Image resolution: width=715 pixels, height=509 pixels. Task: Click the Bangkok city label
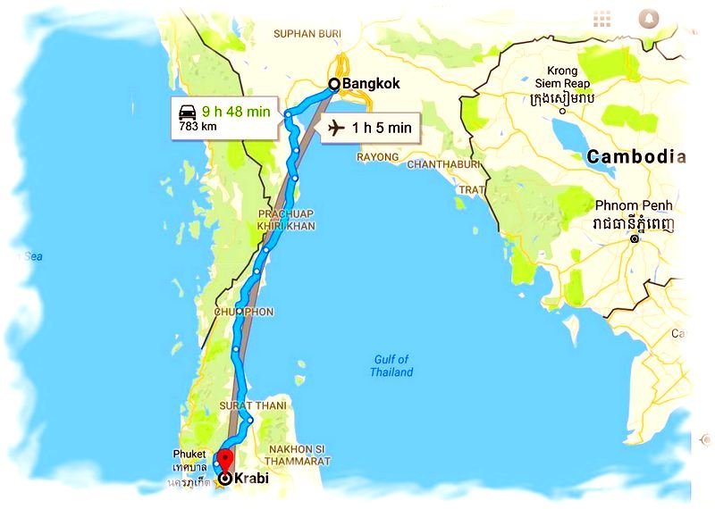tap(366, 84)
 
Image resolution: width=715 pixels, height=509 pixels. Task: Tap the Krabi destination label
tap(250, 479)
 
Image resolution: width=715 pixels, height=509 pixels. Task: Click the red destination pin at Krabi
tap(225, 460)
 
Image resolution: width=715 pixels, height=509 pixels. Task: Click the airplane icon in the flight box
tap(335, 128)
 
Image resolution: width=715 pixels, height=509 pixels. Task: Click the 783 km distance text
tap(198, 126)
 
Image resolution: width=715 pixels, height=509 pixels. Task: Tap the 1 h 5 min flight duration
tap(382, 128)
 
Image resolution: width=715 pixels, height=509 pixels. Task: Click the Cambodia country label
tap(636, 157)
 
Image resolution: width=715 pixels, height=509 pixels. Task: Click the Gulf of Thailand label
tap(391, 366)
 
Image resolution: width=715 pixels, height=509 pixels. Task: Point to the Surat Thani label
tap(253, 406)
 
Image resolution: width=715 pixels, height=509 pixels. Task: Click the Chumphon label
tap(243, 312)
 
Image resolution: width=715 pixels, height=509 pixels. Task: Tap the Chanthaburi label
tap(443, 165)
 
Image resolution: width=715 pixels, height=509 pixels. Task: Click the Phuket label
tap(190, 454)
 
